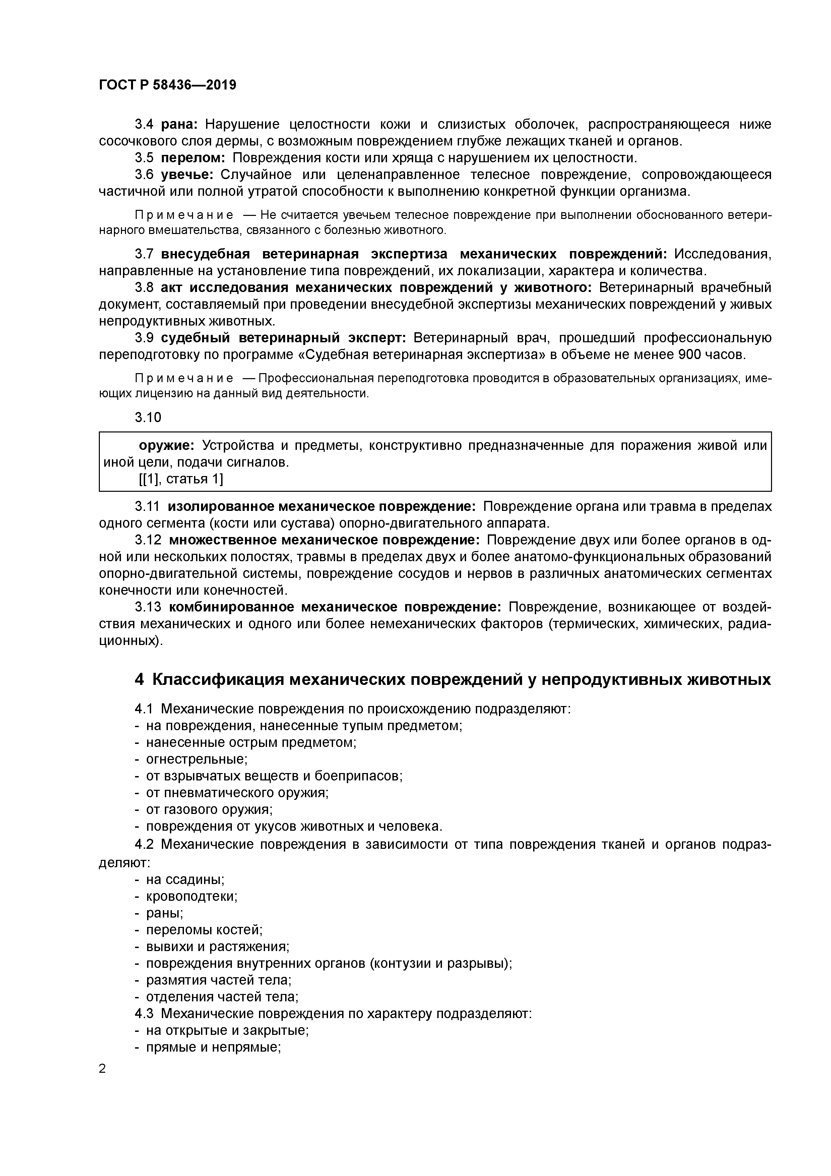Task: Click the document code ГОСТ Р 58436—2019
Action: tap(168, 85)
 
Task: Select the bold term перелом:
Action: tap(193, 158)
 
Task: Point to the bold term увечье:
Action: tap(187, 175)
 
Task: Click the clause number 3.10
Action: tap(148, 417)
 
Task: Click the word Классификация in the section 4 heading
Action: tap(218, 680)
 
